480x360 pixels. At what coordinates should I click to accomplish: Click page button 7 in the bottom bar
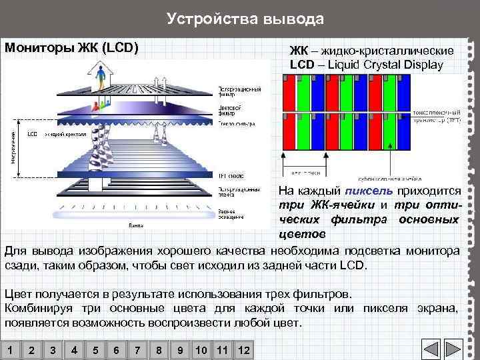coord(137,350)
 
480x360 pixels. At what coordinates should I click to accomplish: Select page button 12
coord(243,350)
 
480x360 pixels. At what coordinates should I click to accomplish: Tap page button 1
coord(10,350)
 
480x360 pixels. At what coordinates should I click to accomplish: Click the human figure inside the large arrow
coord(101,76)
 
